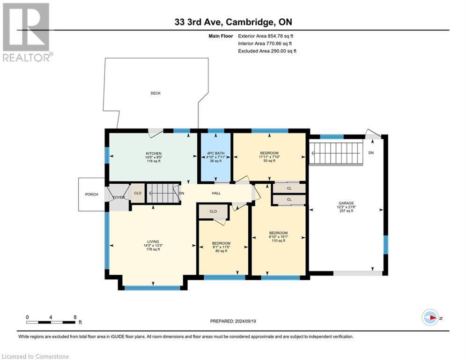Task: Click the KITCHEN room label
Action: click(153, 154)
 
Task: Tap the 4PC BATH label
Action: click(216, 154)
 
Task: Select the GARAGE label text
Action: click(346, 203)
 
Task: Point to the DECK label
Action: click(155, 93)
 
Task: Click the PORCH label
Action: click(91, 194)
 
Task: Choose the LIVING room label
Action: click(153, 241)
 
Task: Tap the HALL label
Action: click(216, 193)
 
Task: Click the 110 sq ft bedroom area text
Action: click(279, 240)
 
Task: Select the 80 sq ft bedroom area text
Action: click(222, 251)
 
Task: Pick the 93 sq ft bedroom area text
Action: click(269, 161)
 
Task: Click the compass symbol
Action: click(430, 318)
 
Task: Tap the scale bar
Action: click(51, 322)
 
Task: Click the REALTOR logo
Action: click(27, 32)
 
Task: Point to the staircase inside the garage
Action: click(336, 153)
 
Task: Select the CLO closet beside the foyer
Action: click(138, 193)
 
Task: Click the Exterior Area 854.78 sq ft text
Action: click(266, 36)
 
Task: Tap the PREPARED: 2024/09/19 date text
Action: click(233, 321)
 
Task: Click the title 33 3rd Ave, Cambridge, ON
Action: click(233, 22)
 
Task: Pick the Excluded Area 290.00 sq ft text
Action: click(267, 51)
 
